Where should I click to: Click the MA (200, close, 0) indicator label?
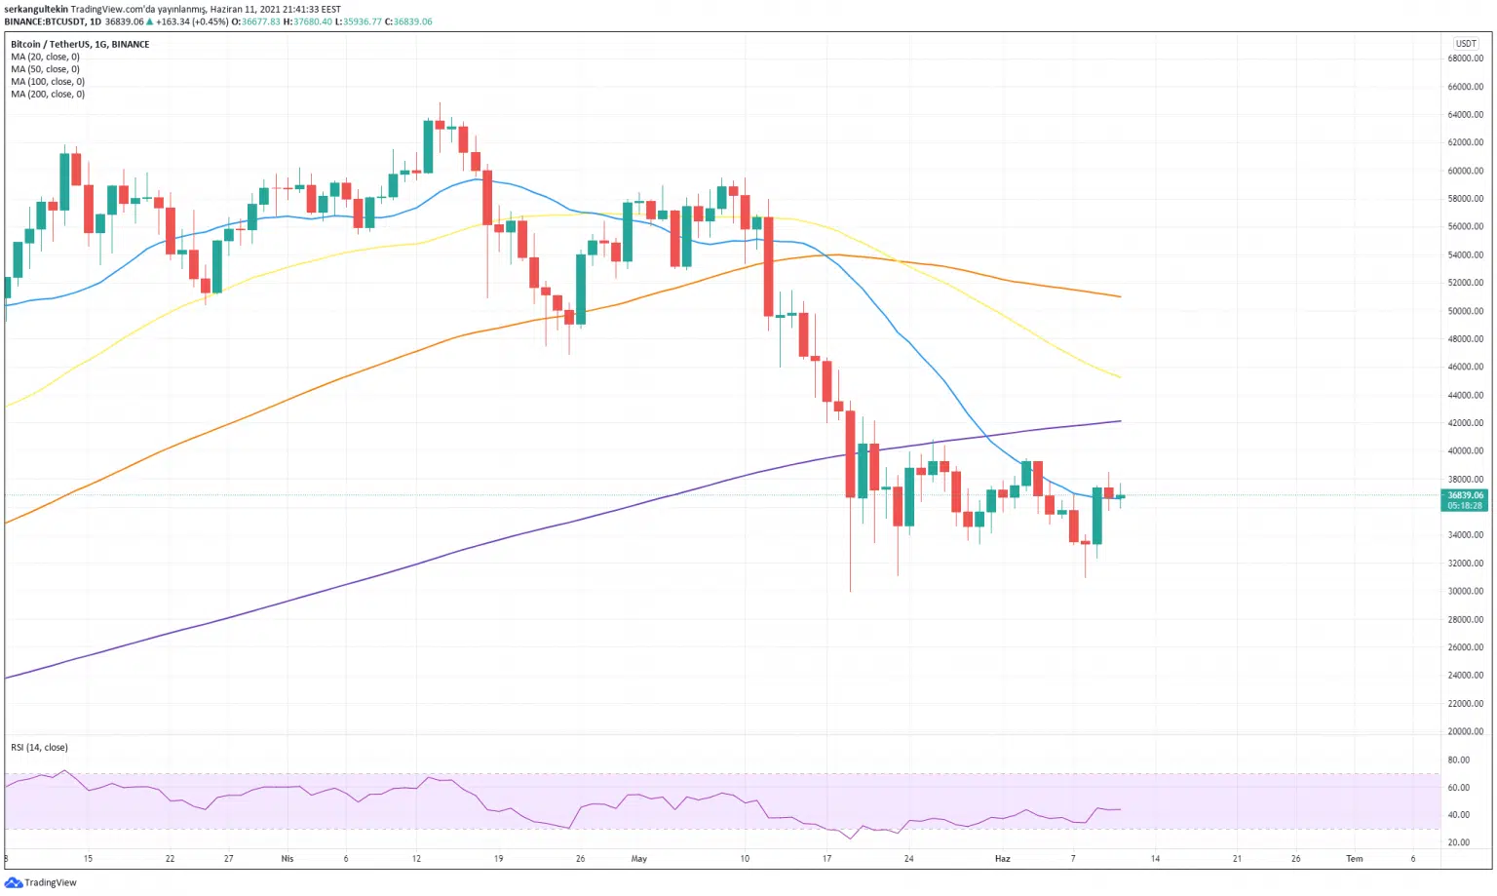point(48,95)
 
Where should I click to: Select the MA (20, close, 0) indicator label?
point(45,57)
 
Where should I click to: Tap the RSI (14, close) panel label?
point(39,748)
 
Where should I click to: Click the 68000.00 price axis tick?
point(1465,58)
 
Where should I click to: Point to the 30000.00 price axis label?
point(1465,592)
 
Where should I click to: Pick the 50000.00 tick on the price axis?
point(1465,311)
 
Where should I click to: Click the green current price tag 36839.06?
point(1464,500)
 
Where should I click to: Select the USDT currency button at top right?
point(1466,43)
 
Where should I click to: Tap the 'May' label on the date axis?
point(639,859)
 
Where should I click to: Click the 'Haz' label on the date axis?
point(1002,859)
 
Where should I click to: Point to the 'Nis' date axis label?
point(287,859)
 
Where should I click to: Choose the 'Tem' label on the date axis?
point(1354,859)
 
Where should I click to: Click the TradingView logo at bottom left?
point(41,882)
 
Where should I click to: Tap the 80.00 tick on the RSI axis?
point(1458,760)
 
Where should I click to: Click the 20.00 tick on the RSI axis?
point(1458,842)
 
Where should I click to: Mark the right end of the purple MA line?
point(1120,421)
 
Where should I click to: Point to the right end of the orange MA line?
point(1120,296)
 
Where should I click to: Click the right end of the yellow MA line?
point(1120,377)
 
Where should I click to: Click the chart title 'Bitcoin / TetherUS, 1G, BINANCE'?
point(80,44)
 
